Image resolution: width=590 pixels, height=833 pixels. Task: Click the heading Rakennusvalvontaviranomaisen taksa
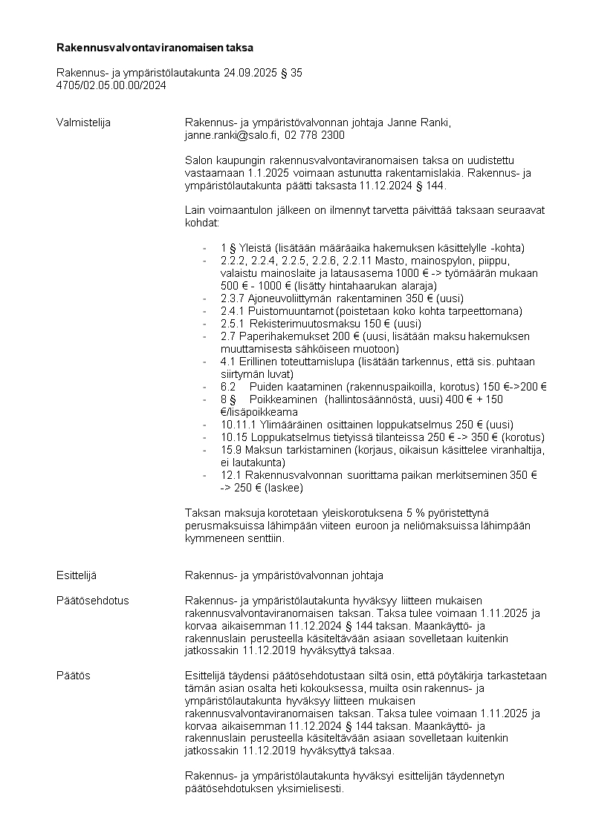(x=155, y=48)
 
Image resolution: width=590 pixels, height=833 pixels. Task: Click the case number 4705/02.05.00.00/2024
(x=111, y=85)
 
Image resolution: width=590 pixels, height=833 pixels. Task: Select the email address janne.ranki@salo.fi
(x=230, y=136)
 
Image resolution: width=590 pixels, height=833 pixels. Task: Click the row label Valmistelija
(x=83, y=122)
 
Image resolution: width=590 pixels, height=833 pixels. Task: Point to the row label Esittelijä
(x=77, y=575)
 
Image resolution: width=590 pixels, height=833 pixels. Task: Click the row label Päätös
(x=73, y=676)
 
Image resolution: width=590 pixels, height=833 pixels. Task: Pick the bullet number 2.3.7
(x=233, y=298)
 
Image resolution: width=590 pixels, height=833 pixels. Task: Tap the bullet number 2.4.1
(x=233, y=311)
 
